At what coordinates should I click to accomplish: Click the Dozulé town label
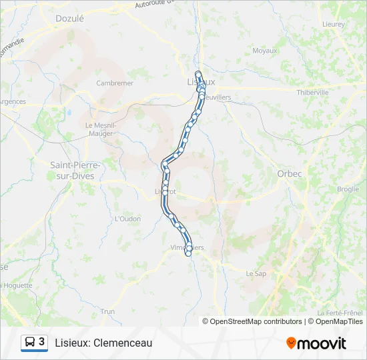(70, 19)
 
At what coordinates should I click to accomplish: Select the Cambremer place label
(115, 83)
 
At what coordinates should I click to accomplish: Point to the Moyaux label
(265, 50)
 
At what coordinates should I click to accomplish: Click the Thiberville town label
(313, 92)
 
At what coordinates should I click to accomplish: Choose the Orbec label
(290, 173)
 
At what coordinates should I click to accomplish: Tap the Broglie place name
(348, 189)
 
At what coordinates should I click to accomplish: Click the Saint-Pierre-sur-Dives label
(75, 170)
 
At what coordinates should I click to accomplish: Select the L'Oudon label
(126, 218)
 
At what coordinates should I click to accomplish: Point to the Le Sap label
(256, 273)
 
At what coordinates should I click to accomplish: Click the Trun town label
(107, 311)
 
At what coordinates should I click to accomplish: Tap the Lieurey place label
(333, 24)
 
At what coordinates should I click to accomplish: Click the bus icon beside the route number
(30, 343)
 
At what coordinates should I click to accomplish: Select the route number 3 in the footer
(42, 342)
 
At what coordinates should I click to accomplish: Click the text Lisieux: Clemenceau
(103, 343)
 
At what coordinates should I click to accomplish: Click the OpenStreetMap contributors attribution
(256, 321)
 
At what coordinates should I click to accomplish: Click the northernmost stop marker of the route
(198, 73)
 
